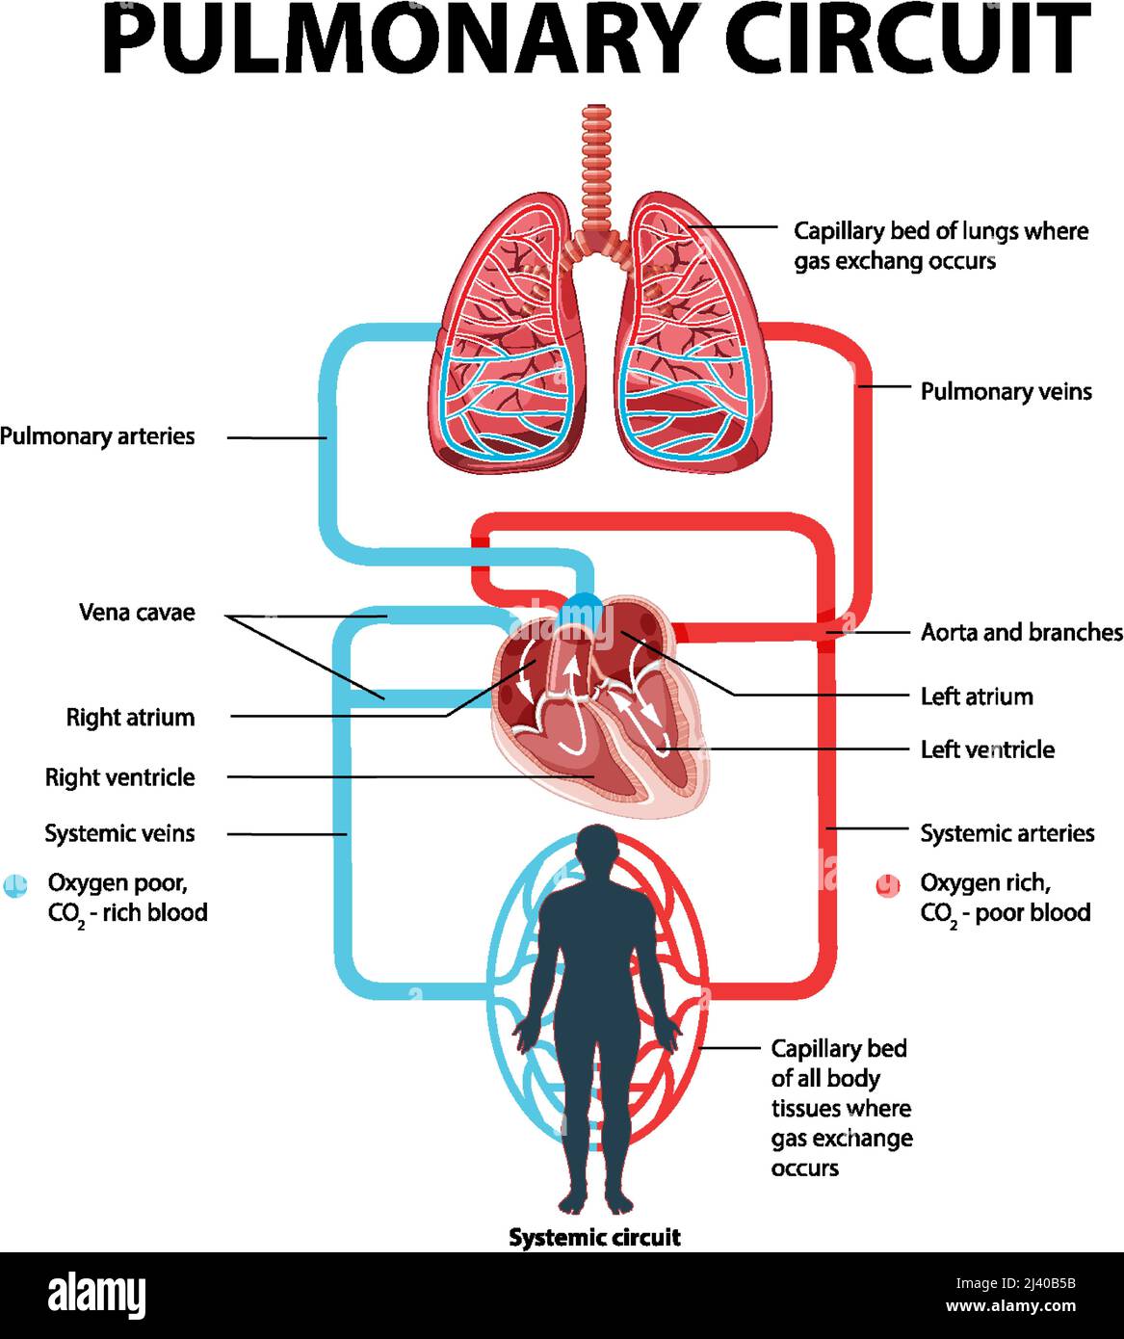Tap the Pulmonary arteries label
(x=97, y=436)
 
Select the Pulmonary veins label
(x=1006, y=391)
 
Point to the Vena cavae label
(x=137, y=613)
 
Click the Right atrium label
(x=130, y=718)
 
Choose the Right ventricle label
(x=119, y=777)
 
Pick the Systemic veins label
(x=119, y=833)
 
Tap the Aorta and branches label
(x=1021, y=633)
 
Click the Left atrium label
(x=976, y=696)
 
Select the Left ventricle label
(x=986, y=749)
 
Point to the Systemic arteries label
(x=1006, y=833)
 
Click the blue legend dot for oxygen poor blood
(x=15, y=885)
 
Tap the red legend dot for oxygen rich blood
(x=887, y=885)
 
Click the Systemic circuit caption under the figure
(x=594, y=1238)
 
